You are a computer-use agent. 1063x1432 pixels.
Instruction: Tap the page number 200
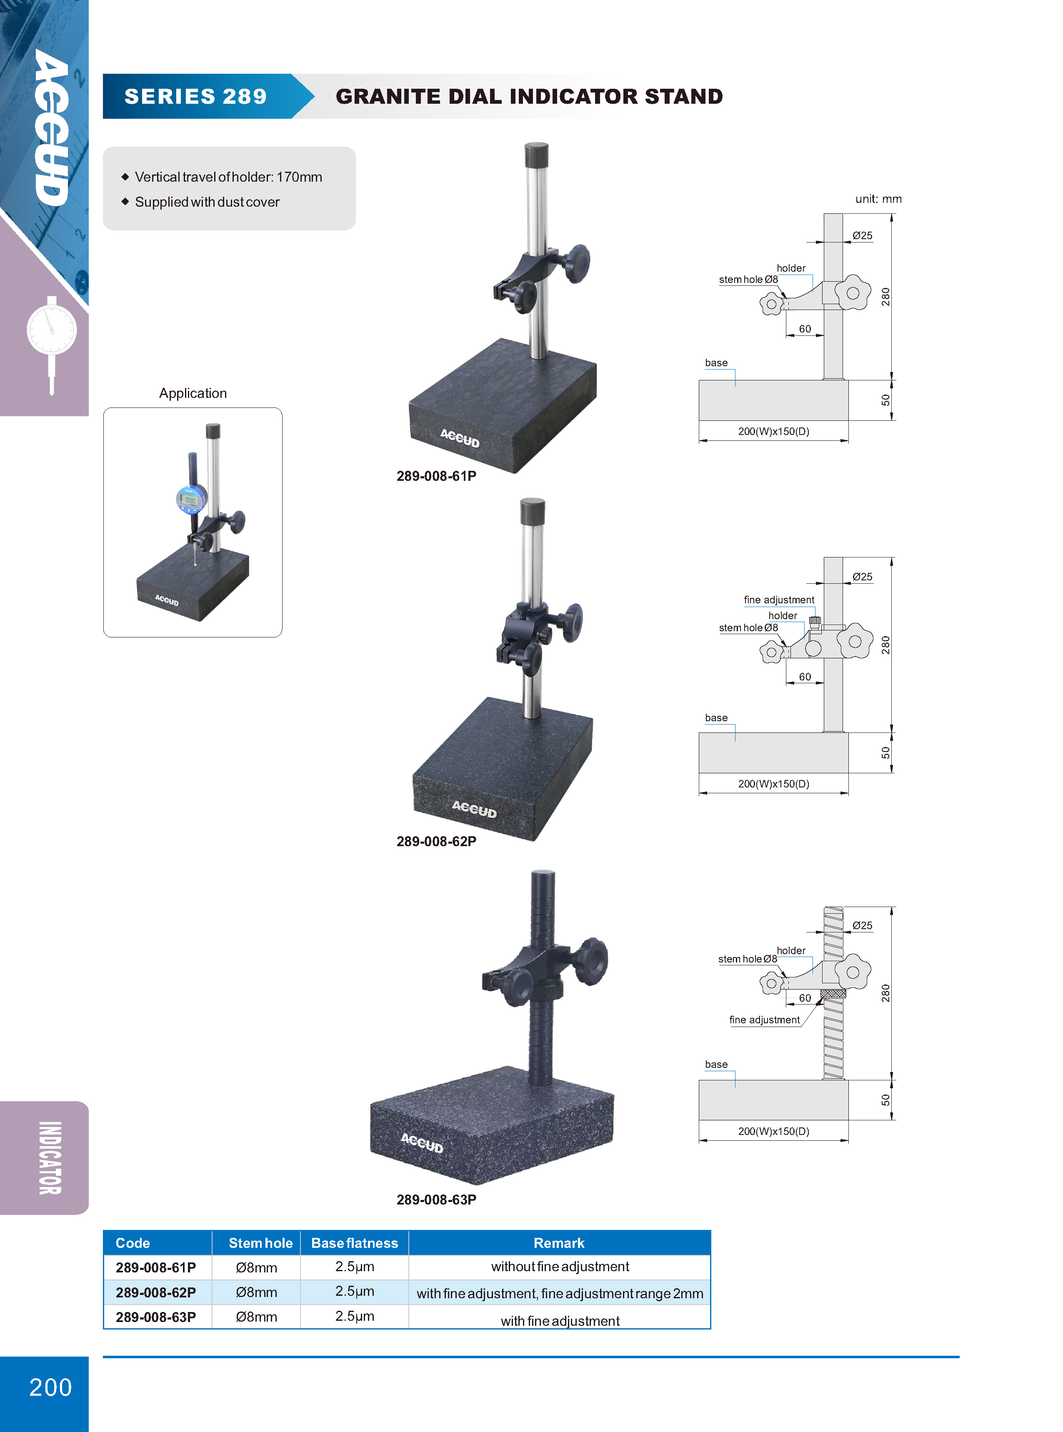[x=51, y=1387]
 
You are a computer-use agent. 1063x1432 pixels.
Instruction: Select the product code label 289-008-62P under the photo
[x=436, y=842]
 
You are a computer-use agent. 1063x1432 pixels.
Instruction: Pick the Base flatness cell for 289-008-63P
[x=355, y=1316]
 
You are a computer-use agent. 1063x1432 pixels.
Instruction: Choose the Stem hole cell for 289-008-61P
[x=256, y=1267]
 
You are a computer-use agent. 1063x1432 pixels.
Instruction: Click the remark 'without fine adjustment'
[x=560, y=1267]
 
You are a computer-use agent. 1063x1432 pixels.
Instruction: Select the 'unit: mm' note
[x=878, y=199]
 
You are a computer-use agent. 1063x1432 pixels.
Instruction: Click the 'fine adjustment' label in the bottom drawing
[x=764, y=1020]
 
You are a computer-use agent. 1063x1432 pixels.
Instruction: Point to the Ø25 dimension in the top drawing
[x=862, y=235]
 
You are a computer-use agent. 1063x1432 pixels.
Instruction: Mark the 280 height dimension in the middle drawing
[x=885, y=645]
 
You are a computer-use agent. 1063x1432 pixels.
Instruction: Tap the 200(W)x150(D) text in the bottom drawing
[x=773, y=1131]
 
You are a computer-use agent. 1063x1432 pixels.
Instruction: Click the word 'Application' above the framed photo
[x=193, y=393]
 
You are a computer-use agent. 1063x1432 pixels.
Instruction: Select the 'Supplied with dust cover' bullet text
[x=207, y=202]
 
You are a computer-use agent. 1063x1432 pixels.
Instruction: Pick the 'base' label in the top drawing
[x=716, y=363]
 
